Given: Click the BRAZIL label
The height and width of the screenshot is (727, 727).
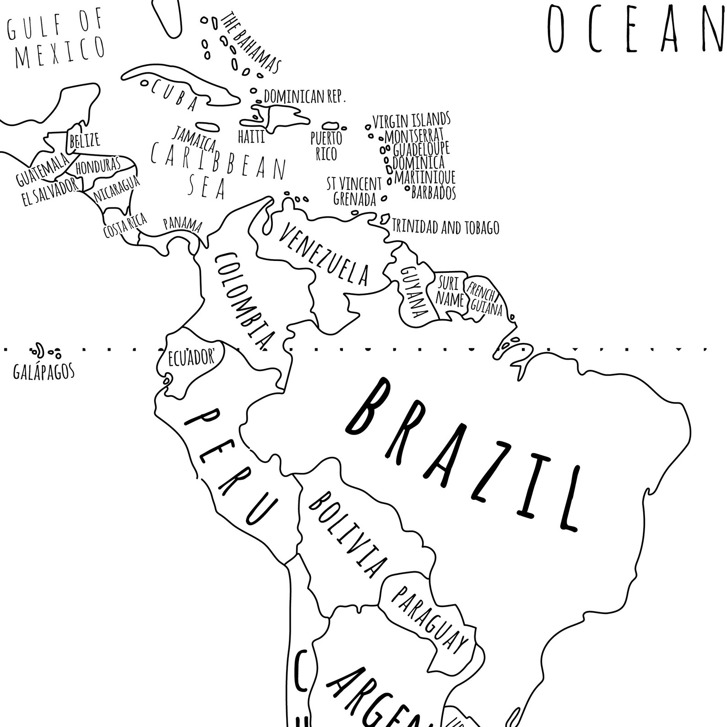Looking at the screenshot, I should click(462, 453).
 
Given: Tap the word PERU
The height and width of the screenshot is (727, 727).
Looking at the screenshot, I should click(231, 465).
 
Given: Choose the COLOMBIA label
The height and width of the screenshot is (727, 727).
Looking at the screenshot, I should click(245, 300).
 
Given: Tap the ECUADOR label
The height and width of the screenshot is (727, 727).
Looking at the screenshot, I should click(191, 357).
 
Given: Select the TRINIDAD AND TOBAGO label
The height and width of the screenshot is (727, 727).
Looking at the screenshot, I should click(445, 228).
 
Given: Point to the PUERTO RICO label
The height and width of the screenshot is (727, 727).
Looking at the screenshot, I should click(326, 146).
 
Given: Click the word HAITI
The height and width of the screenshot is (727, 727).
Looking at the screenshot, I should click(251, 136).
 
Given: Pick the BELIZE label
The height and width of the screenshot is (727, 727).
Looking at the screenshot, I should click(84, 140).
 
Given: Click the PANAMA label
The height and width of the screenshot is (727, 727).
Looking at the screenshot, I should click(183, 224).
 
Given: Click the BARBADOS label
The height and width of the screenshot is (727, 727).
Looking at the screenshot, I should click(434, 193).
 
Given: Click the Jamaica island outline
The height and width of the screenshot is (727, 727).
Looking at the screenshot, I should click(206, 126).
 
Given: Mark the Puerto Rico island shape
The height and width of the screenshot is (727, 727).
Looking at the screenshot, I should click(330, 125).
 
